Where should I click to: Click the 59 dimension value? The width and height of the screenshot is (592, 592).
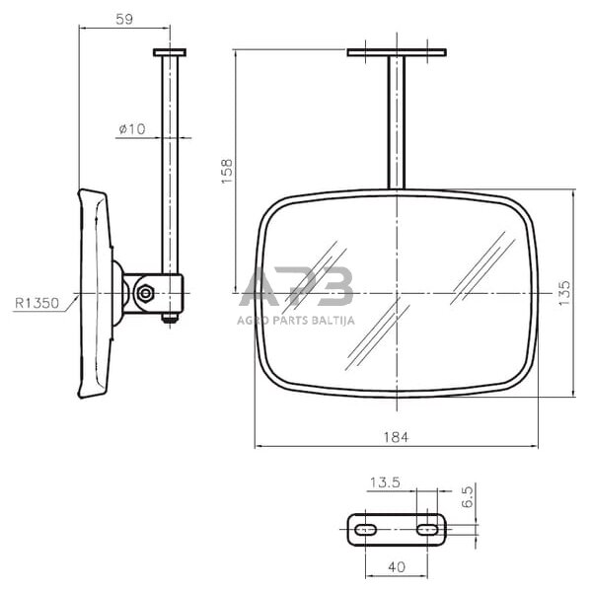coord(124,20)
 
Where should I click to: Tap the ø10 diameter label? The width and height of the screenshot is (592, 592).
coord(132,129)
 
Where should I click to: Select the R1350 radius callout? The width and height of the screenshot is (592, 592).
coord(37,303)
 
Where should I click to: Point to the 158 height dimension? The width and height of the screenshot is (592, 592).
coord(227,172)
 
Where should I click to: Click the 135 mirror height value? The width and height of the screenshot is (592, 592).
coord(564,293)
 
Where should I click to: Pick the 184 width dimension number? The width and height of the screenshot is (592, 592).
coord(396,437)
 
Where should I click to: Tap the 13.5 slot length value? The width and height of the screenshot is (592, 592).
coord(385,482)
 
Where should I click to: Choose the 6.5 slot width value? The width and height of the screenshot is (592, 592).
coord(467,497)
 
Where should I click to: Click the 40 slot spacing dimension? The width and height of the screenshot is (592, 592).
coord(397,566)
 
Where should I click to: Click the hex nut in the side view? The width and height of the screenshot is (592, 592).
coord(145,293)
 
